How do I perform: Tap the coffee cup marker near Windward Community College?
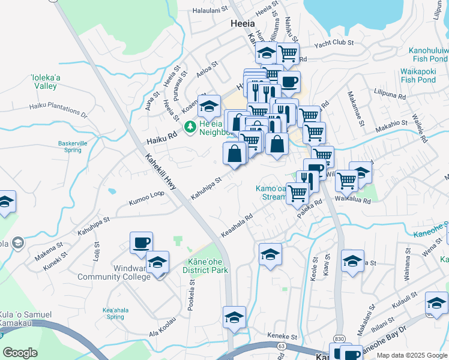pos(142,243)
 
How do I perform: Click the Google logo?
pos(20,352)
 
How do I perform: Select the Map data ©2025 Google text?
pos(412,355)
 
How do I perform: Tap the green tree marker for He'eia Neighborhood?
pos(190,127)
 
